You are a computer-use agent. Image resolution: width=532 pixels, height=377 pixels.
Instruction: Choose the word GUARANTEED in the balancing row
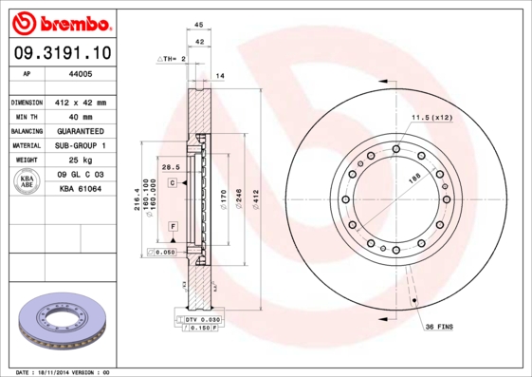click(x=81, y=131)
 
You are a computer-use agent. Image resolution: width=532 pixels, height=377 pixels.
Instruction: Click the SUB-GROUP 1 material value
click(x=81, y=145)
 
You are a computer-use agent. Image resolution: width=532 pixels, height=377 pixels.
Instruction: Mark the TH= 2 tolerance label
click(x=172, y=59)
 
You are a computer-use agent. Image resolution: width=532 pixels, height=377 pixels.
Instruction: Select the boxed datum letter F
click(x=174, y=225)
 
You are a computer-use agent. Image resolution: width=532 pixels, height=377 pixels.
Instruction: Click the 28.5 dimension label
click(x=171, y=167)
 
